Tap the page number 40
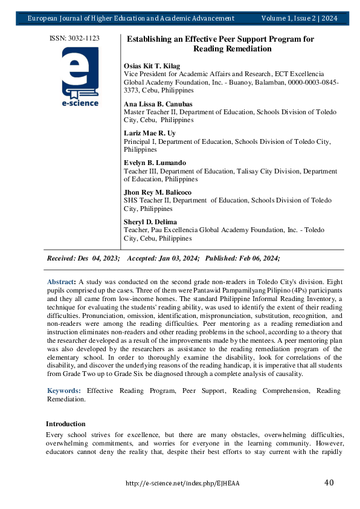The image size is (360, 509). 329,482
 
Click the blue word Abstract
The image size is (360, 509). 61,282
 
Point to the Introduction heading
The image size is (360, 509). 65,424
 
